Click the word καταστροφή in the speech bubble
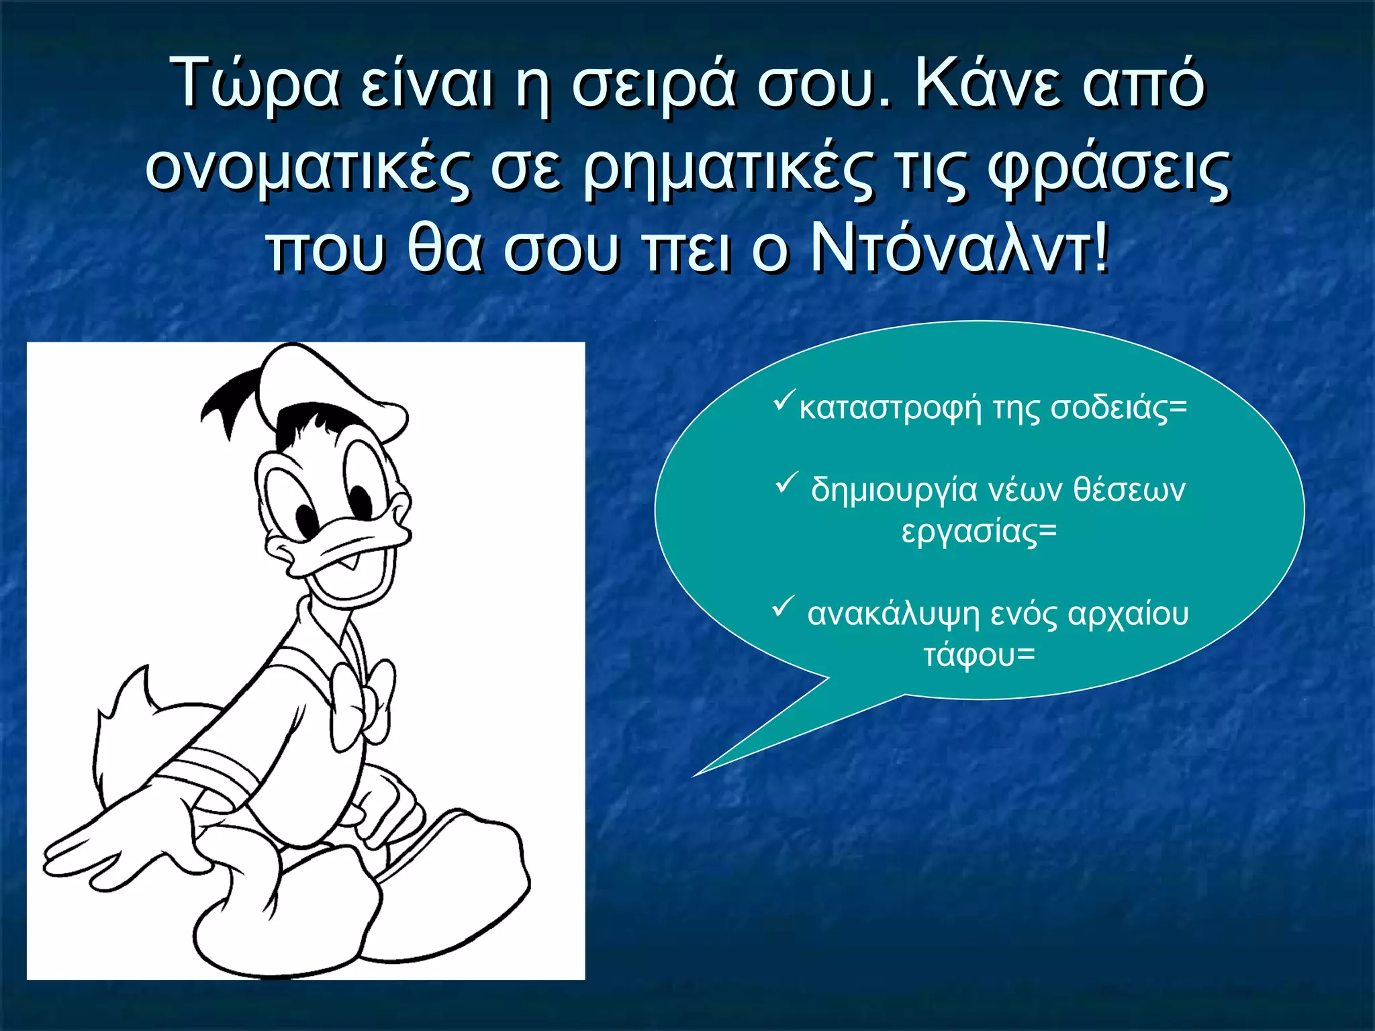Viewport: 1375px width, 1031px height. click(x=890, y=408)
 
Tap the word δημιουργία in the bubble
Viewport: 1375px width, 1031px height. click(x=894, y=490)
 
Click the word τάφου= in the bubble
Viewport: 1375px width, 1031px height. click(x=979, y=655)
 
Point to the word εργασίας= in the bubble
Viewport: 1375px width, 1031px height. click(x=979, y=532)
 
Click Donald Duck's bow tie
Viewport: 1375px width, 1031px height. click(x=363, y=698)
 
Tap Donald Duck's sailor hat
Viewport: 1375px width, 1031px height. click(x=336, y=389)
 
